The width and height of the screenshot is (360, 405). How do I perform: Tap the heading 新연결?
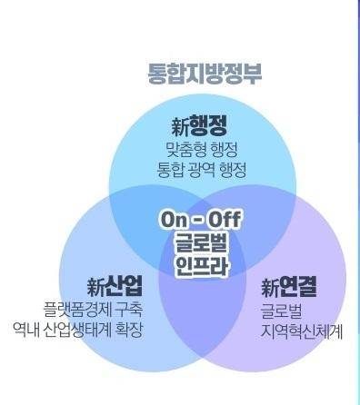click(289, 288)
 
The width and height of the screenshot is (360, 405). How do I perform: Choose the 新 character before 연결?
click(268, 289)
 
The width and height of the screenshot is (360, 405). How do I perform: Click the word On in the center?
click(174, 221)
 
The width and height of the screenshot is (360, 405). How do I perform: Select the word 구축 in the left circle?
click(128, 310)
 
